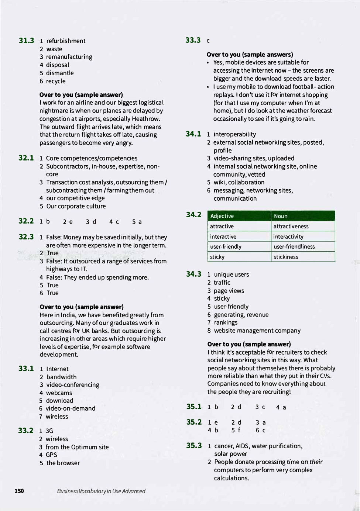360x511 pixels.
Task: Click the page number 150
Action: [19, 491]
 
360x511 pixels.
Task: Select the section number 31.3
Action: [26, 41]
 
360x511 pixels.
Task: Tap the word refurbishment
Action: [66, 41]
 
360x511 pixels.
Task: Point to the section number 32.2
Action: [26, 221]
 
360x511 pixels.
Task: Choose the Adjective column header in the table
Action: [222, 216]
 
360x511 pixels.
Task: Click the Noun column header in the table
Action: [281, 216]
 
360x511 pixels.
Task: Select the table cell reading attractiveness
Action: [291, 226]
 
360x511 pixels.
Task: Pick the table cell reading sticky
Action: [217, 257]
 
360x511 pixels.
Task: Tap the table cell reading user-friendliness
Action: [294, 246]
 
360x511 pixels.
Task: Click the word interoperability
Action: [235, 134]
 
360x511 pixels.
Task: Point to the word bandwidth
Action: [61, 377]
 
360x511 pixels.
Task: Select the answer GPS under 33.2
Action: [51, 455]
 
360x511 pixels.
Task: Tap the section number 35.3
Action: [194, 446]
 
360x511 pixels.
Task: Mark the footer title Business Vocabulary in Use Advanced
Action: [101, 491]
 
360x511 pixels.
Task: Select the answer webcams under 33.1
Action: [59, 393]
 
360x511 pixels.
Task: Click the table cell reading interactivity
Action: [288, 236]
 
